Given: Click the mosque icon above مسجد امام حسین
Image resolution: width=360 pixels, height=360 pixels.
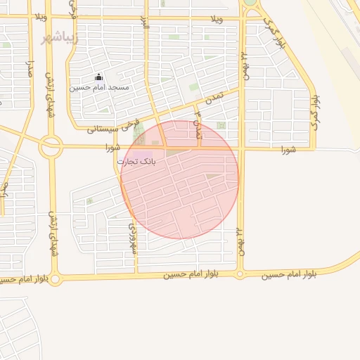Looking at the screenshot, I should (98, 77).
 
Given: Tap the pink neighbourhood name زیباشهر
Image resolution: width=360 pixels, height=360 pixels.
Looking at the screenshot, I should (57, 37).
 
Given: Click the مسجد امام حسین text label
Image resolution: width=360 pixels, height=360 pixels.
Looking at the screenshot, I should (99, 87).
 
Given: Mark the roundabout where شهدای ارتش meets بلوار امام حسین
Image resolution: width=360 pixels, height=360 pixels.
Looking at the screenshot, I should (56, 279).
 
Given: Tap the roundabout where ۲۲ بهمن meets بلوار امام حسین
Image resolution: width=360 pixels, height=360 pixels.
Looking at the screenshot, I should (240, 274).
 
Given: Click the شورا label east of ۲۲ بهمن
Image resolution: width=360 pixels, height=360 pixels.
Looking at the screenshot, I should (288, 150).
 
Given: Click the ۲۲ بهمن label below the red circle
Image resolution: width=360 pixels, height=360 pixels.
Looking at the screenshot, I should (240, 240).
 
